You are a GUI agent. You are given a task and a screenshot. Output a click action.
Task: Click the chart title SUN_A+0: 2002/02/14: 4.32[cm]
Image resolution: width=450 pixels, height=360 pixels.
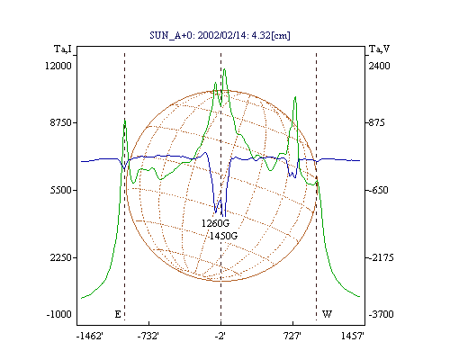point(220,35)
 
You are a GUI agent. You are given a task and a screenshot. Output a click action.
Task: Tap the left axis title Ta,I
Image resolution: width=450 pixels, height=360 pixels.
point(63,49)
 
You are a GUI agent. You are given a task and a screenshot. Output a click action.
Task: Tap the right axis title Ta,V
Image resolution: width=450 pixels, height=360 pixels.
point(379,49)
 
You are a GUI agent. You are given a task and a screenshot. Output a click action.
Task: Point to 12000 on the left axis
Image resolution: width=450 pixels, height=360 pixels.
point(58,66)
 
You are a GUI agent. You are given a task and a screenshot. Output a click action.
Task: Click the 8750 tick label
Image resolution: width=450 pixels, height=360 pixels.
point(61,122)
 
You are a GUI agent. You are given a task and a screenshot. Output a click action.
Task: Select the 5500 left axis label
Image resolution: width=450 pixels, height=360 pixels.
point(61,190)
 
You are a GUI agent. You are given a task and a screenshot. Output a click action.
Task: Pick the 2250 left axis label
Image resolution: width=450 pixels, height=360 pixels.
point(61,257)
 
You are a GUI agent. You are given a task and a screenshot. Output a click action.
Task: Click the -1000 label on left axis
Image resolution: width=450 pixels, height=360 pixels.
point(59,314)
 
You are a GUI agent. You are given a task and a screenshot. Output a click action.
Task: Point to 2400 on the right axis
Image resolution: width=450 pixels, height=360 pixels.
point(379,66)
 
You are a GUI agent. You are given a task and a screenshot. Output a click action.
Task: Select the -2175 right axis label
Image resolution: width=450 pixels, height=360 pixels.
point(380,257)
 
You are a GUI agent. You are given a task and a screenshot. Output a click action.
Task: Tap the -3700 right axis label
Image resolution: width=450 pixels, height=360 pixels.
point(381,314)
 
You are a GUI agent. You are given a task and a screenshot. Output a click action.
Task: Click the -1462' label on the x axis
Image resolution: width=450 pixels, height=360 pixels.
point(90,336)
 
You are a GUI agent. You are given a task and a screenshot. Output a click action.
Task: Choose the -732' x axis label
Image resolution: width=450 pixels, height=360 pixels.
point(148,336)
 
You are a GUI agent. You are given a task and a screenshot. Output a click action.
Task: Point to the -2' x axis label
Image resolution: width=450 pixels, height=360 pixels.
point(220,336)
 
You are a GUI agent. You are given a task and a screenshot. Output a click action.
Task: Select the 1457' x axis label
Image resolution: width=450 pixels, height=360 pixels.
point(353,336)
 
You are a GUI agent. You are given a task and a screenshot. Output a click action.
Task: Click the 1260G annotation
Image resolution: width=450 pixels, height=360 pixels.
point(215,223)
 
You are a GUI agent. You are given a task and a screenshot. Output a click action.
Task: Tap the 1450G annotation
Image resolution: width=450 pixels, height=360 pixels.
point(223,236)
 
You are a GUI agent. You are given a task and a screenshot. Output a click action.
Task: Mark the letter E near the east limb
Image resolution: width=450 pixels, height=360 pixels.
point(118,314)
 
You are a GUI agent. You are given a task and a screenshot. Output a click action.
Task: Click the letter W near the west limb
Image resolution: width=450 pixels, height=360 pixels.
point(327,314)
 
